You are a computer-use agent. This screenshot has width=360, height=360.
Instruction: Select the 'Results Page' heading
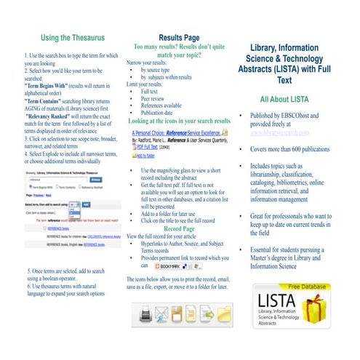179,37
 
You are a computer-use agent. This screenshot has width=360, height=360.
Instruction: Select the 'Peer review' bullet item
153,100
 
